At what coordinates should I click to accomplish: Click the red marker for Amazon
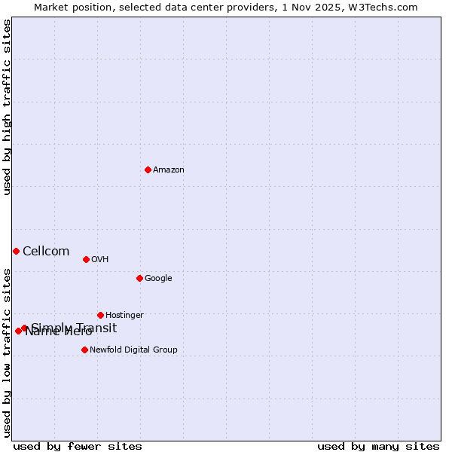(x=148, y=169)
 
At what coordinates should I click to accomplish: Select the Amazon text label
(x=169, y=170)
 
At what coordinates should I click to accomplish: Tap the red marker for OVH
(x=86, y=259)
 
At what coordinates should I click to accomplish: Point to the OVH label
(x=100, y=260)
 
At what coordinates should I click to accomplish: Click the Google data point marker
(x=139, y=278)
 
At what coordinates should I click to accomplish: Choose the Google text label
(x=158, y=279)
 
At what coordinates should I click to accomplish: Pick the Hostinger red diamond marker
(x=100, y=315)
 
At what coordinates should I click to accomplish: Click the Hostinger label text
(x=124, y=316)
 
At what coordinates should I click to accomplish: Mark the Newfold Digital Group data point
(x=84, y=350)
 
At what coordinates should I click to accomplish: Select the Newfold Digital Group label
(x=133, y=350)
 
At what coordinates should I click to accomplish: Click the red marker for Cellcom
(x=16, y=251)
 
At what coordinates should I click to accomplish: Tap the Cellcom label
(x=46, y=252)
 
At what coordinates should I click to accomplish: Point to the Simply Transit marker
(x=25, y=328)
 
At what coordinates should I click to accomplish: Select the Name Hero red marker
(x=18, y=331)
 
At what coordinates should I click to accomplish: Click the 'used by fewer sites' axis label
(x=78, y=446)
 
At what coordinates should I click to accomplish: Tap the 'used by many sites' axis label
(x=378, y=446)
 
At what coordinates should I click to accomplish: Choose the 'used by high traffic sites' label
(x=8, y=108)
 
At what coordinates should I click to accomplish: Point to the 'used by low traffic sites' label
(x=8, y=352)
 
